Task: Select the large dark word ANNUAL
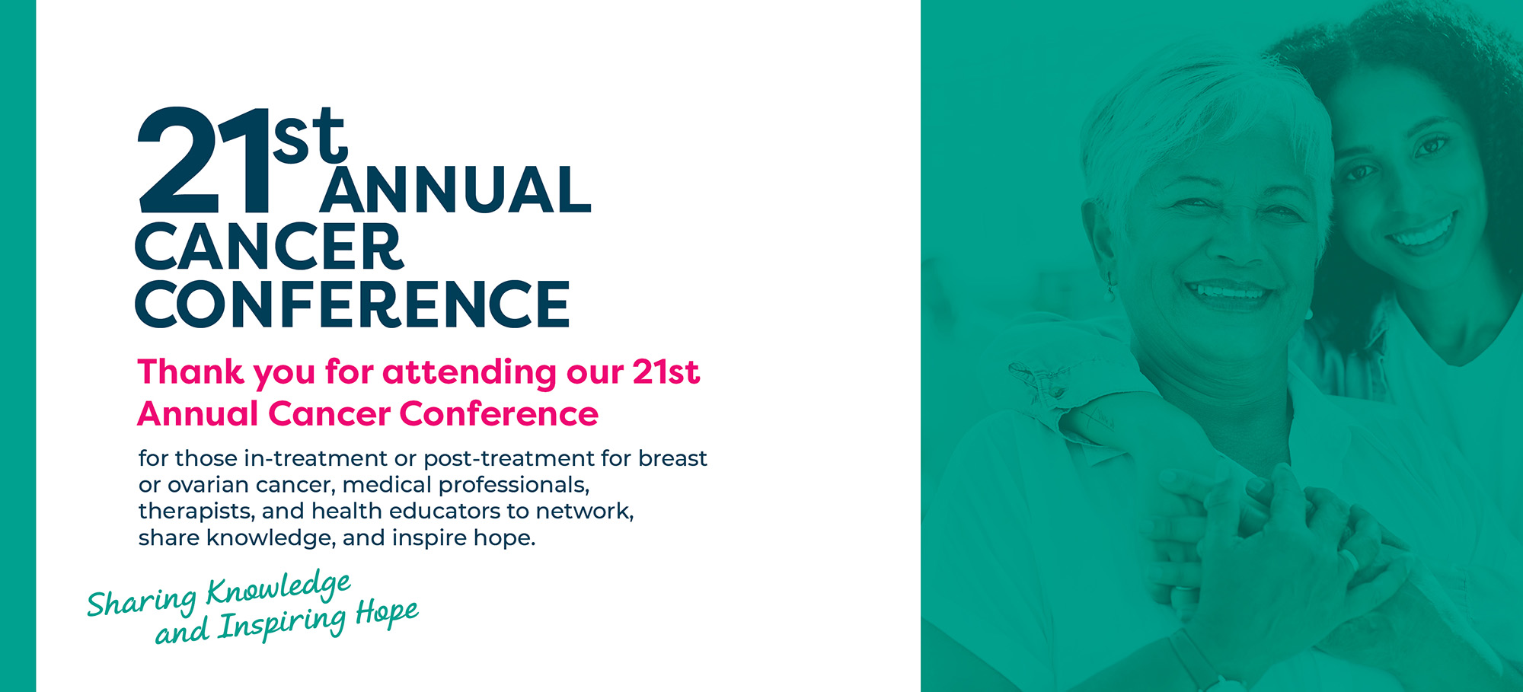455,190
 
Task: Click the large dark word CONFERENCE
353,304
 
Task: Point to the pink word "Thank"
191,372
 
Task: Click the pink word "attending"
470,373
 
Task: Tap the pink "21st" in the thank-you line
666,372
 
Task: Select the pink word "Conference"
499,414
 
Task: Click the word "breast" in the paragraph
672,458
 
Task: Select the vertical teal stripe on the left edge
18,346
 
